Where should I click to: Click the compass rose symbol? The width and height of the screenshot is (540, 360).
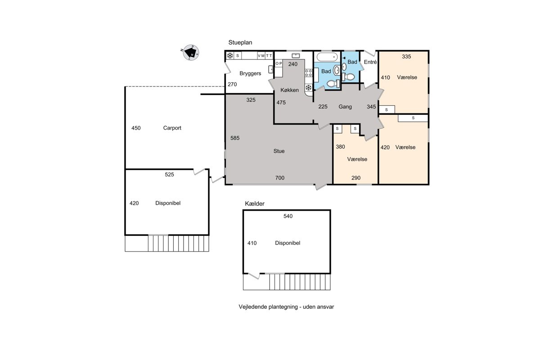(191, 52)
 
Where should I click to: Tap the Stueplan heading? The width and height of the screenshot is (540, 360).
(240, 42)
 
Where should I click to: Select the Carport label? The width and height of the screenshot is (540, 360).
(172, 128)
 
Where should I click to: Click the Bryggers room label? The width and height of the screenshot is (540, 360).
(250, 73)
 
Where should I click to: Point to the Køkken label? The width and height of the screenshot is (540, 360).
(289, 90)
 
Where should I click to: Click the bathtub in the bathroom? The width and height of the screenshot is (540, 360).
(327, 57)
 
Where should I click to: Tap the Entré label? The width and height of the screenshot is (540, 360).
(370, 62)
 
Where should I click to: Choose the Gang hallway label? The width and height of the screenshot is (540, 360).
(345, 107)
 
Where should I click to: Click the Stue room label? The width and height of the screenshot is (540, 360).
(279, 151)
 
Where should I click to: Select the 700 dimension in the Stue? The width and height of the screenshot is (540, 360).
(279, 178)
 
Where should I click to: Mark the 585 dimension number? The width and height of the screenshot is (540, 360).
(235, 138)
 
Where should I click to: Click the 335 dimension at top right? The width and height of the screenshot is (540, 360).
(406, 56)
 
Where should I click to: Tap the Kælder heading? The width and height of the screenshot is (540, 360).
(255, 203)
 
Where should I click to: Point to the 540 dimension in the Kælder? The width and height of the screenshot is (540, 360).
(288, 216)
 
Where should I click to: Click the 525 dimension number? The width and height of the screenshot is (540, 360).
(169, 174)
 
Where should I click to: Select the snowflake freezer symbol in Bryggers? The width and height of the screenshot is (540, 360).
(230, 56)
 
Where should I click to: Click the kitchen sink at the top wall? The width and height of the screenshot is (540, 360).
(296, 56)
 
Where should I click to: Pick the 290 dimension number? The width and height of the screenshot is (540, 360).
(356, 178)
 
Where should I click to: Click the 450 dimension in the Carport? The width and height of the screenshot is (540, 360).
(136, 128)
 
